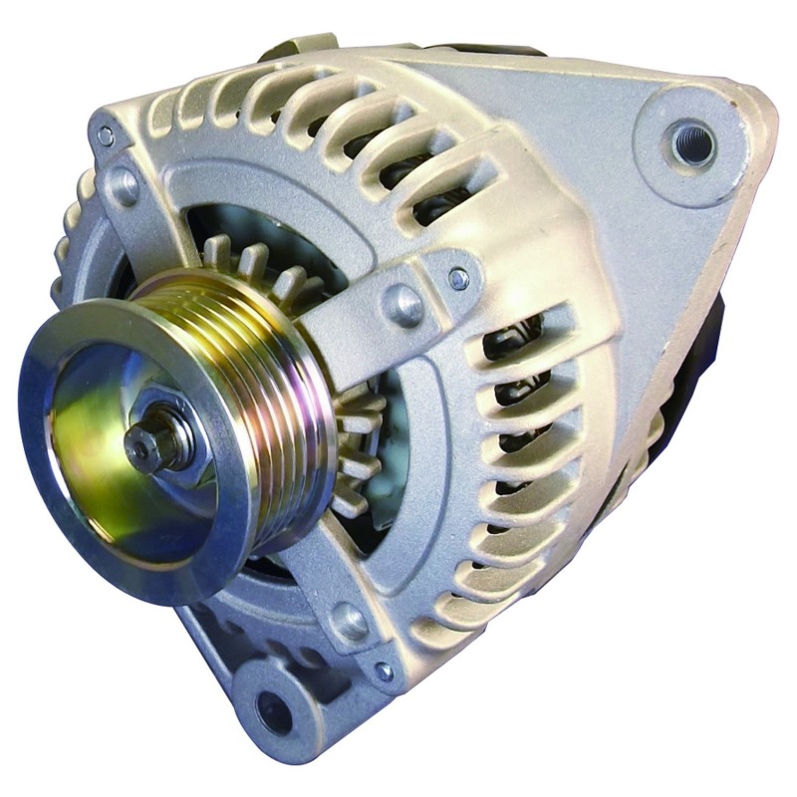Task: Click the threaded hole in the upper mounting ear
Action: [x=692, y=143]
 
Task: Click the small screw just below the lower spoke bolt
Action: [x=384, y=670]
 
